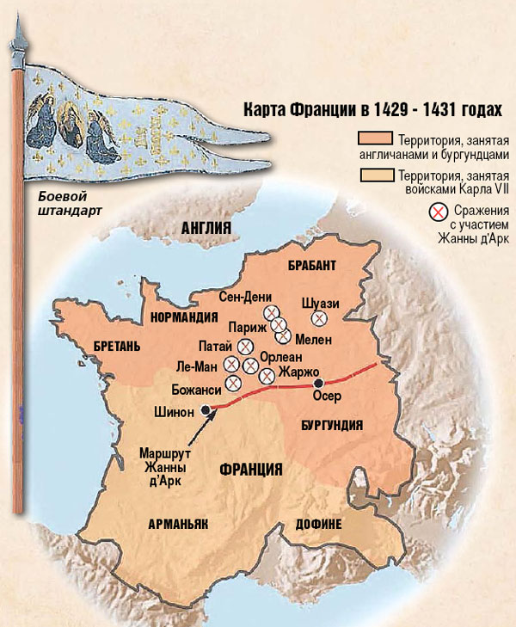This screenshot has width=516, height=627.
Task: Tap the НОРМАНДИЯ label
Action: click(x=184, y=316)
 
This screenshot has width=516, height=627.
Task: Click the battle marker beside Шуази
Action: click(x=320, y=319)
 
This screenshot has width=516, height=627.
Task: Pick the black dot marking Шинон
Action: click(x=206, y=410)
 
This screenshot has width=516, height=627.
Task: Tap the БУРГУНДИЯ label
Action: click(x=332, y=425)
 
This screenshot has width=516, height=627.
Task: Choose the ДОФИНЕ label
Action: click(x=319, y=524)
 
